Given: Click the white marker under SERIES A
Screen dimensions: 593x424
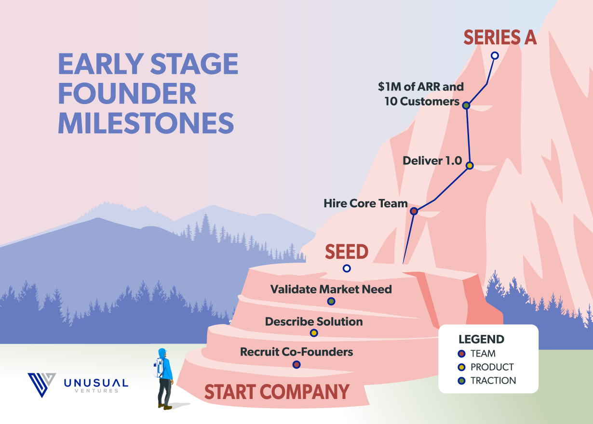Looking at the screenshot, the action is tap(495, 55).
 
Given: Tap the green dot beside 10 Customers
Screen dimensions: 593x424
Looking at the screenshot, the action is tap(466, 105).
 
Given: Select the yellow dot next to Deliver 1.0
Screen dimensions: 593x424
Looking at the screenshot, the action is tap(470, 166).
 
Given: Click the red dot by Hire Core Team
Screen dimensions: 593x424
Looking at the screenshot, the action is tap(414, 211).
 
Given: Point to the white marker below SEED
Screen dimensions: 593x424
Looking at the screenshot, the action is tap(347, 268).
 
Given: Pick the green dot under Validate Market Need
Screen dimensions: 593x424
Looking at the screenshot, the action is tap(331, 301).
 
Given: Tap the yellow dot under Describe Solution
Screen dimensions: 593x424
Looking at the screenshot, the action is tap(314, 333).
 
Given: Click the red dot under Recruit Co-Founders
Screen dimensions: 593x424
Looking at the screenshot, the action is tap(296, 364).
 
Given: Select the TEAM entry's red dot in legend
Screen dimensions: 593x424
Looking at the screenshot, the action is tap(461, 353).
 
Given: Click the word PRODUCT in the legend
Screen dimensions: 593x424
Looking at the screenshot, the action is tap(492, 367).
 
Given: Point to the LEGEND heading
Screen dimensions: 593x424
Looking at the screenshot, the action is tap(481, 339).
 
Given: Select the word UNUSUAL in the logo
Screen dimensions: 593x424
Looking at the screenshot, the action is tap(96, 383).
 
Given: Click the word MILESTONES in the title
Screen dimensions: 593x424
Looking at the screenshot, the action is tap(146, 123).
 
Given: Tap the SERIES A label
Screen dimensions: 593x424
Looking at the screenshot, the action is tap(500, 37).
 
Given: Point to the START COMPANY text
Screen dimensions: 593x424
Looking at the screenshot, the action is tap(277, 392).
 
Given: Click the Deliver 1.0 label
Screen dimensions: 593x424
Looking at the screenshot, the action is tap(432, 160).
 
